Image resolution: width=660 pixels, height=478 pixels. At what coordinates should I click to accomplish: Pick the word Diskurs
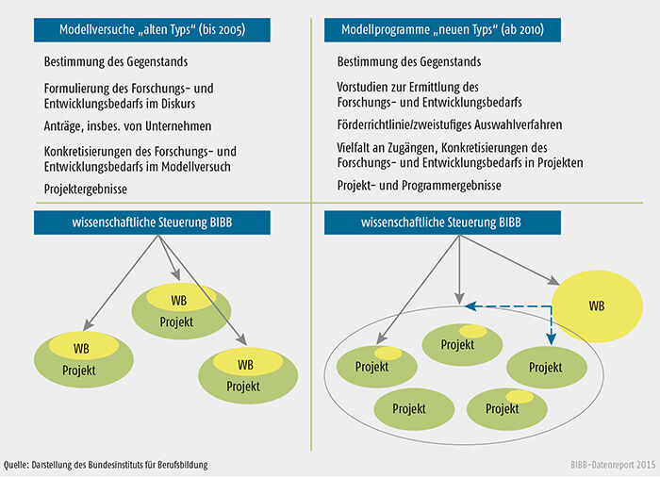click(x=213, y=103)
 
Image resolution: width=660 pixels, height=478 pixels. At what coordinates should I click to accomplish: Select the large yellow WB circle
click(x=596, y=305)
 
